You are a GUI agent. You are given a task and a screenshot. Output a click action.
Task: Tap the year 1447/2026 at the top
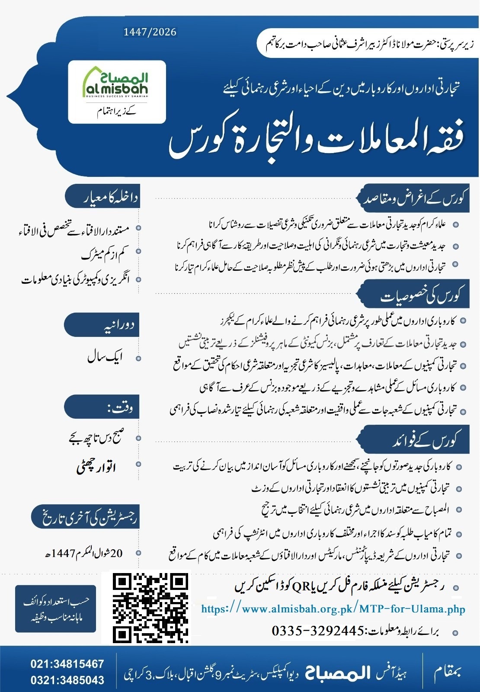[150, 32]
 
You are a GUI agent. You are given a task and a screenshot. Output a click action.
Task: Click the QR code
[151, 608]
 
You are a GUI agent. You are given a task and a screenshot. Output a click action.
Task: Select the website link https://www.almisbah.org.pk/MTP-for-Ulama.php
[333, 609]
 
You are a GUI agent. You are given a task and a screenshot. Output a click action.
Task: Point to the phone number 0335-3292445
[318, 631]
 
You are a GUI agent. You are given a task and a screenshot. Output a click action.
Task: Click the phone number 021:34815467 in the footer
[67, 664]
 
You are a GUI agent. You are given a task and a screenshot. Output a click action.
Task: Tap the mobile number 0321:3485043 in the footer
[67, 680]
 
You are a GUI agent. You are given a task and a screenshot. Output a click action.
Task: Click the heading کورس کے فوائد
[426, 441]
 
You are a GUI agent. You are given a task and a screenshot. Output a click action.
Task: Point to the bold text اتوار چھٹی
[96, 467]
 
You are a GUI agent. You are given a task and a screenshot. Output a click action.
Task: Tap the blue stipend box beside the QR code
[55, 609]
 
